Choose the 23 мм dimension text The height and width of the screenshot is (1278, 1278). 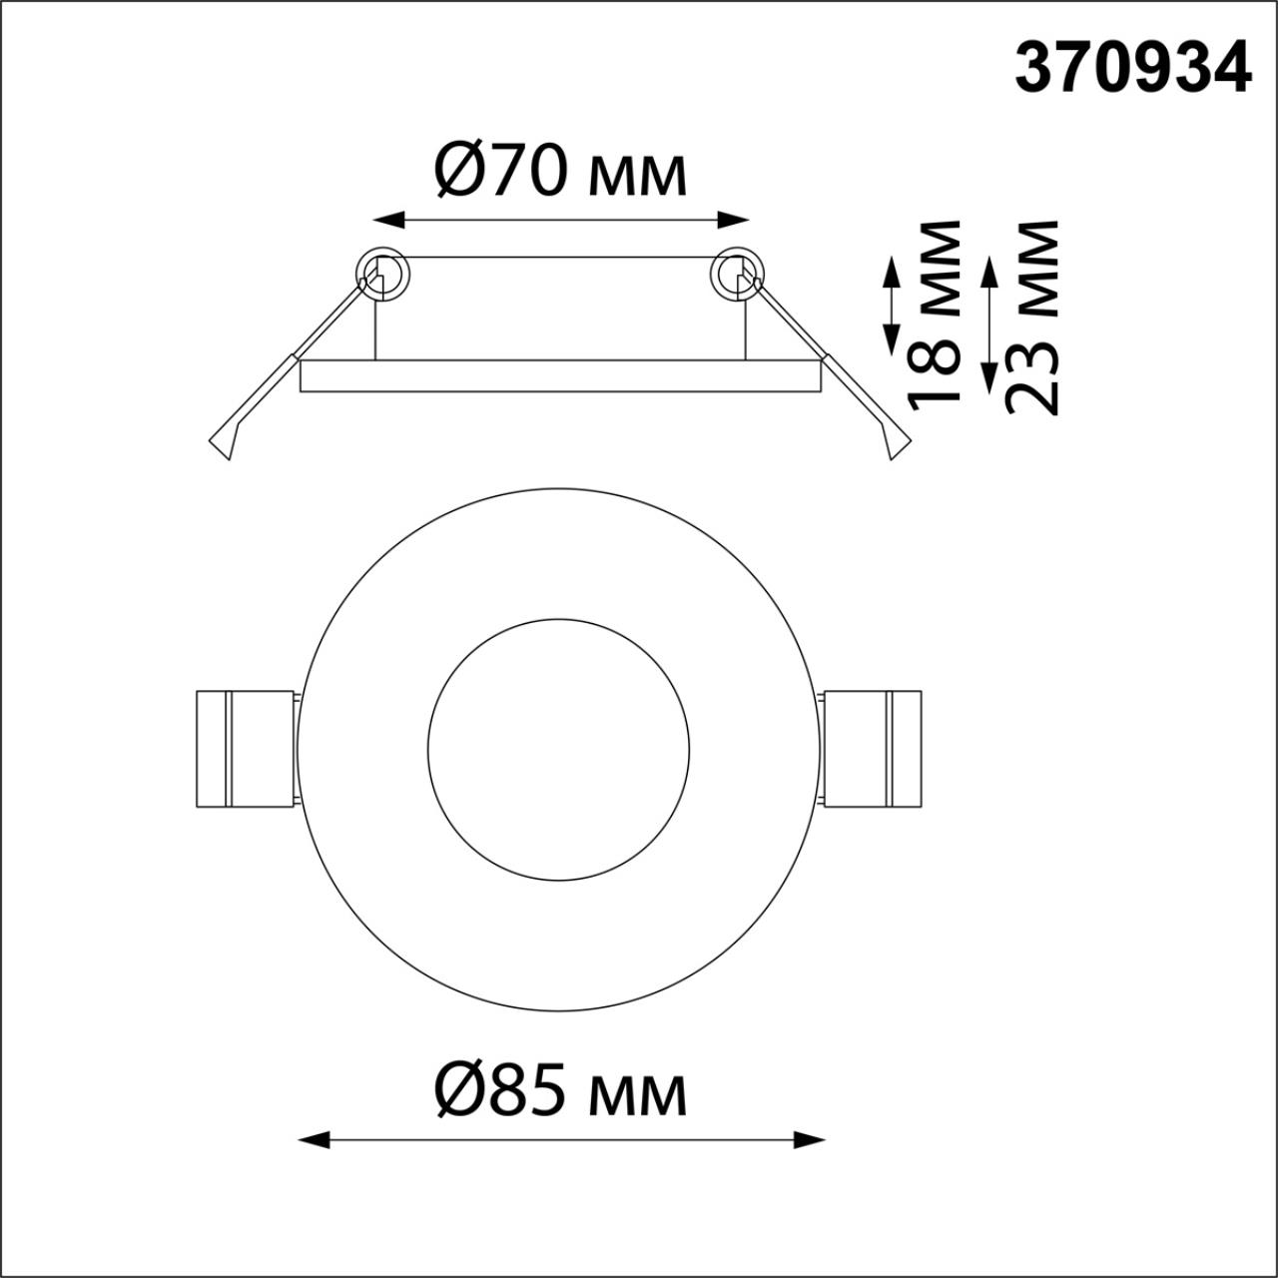pos(1031,318)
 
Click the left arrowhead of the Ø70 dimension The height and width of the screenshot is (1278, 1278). pos(389,221)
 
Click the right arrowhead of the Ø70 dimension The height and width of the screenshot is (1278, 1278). pos(733,221)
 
